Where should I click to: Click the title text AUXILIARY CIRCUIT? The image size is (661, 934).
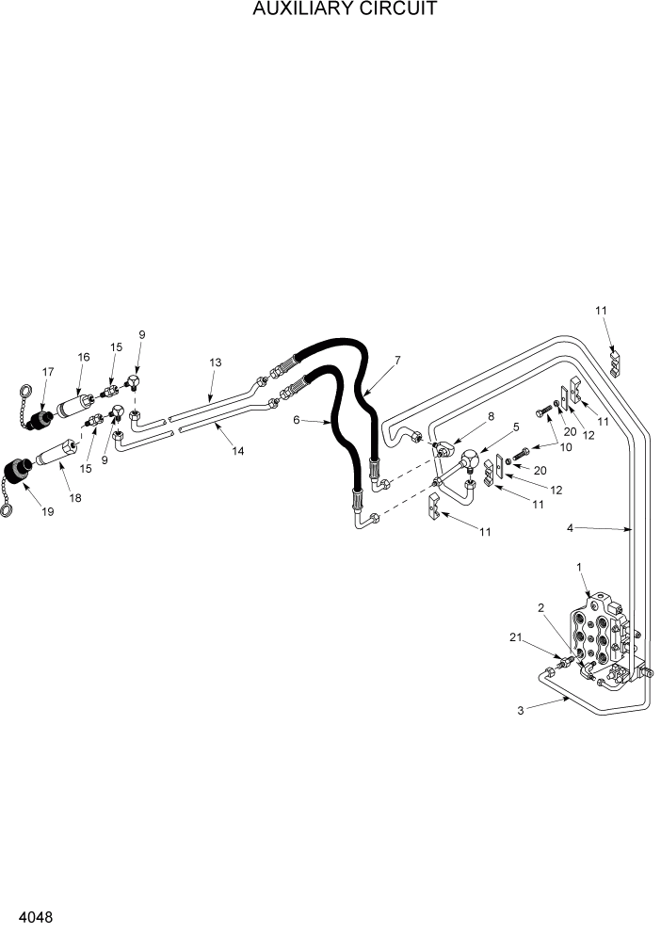pos(330,10)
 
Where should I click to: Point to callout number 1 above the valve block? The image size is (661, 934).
pos(579,568)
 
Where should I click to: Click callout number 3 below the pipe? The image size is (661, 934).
pos(521,711)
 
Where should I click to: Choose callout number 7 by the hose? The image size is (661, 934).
pos(398,360)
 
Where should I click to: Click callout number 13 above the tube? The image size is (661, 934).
pos(215,362)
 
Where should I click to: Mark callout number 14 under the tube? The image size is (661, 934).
pos(238,451)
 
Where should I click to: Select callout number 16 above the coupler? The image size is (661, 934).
pos(83,357)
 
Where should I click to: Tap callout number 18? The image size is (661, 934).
pos(74,497)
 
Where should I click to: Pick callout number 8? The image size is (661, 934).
pos(463,414)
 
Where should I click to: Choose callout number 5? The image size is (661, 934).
pos(515,426)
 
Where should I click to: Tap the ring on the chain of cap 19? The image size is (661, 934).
pos(8,509)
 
